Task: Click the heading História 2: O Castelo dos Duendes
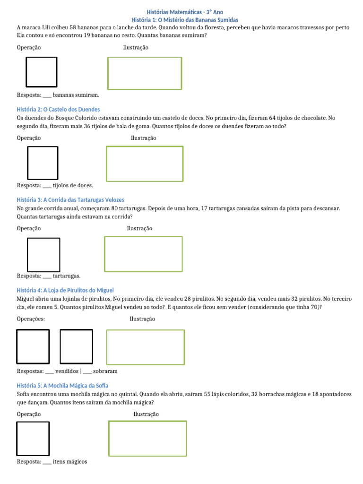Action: (x=58, y=109)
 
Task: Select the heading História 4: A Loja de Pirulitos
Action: (x=65, y=290)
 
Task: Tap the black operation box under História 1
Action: (x=41, y=72)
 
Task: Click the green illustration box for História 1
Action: (x=145, y=73)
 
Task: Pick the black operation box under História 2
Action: (x=43, y=163)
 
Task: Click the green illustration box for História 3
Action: (x=143, y=254)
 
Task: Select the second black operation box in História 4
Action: (x=76, y=346)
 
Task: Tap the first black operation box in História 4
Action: (x=33, y=346)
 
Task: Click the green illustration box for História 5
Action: (x=147, y=438)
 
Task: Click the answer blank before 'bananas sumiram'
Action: (x=47, y=95)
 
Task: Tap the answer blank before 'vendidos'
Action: (x=50, y=372)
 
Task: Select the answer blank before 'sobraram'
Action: (x=87, y=372)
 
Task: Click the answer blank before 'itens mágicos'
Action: (x=47, y=462)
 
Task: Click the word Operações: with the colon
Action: (x=31, y=319)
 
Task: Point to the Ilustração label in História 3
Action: (x=139, y=228)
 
